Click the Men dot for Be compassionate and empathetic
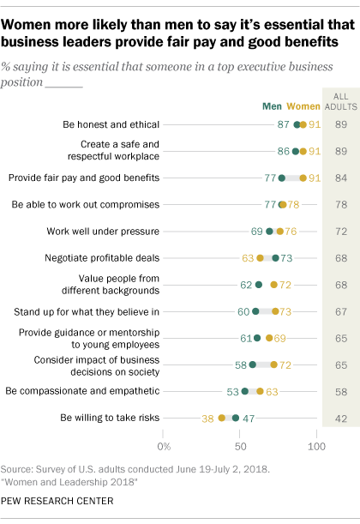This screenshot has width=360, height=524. point(245,391)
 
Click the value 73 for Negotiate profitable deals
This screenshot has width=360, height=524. point(289,257)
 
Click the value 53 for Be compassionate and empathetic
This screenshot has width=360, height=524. point(231,391)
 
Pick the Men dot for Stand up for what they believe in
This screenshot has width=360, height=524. point(255,311)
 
